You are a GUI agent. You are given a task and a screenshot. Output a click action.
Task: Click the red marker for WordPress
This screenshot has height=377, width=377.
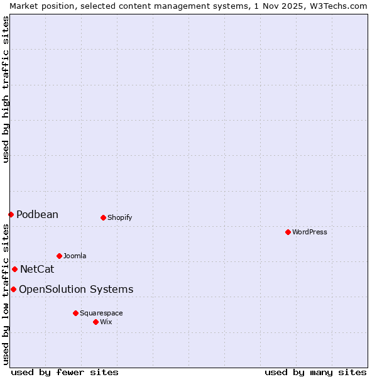pos(288,232)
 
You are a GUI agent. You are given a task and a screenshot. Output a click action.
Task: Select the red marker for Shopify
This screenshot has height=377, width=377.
pos(103,217)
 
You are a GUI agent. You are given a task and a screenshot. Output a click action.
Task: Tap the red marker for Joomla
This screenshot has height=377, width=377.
pos(59,256)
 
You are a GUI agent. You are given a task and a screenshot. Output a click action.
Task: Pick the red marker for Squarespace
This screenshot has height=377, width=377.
pos(75,313)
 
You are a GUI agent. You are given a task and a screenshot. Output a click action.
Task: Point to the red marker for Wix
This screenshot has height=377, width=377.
pos(96,322)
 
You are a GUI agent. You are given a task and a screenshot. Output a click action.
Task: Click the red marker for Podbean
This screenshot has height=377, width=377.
pos(11,214)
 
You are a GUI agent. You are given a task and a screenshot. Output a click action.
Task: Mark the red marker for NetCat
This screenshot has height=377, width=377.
pos(14,269)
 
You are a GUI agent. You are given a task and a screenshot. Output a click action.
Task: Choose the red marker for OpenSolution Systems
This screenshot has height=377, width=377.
pos(13,289)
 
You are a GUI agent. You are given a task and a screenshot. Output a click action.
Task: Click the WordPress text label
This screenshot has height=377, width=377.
pos(310,232)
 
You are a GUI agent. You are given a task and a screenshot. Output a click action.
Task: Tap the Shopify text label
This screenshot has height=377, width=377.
pos(119,217)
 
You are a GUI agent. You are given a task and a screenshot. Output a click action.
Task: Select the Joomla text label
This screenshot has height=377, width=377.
pos(75,256)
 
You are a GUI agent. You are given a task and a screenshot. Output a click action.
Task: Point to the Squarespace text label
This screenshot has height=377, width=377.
pos(101,313)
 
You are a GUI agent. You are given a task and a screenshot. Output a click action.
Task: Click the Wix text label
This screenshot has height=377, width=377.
pos(106,322)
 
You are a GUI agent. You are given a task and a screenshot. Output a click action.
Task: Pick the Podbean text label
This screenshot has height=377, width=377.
pos(37,214)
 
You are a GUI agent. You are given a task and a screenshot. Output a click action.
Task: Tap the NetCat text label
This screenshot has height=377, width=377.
pos(37,269)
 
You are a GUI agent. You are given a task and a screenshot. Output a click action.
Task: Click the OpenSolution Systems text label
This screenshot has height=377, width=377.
pos(76,289)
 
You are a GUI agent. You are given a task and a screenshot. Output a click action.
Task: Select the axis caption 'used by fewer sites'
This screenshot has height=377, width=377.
pos(65,372)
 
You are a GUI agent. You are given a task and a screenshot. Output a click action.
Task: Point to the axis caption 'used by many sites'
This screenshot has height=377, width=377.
pos(315,372)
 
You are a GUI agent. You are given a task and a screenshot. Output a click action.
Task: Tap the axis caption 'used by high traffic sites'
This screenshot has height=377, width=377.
pos(6,89)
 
